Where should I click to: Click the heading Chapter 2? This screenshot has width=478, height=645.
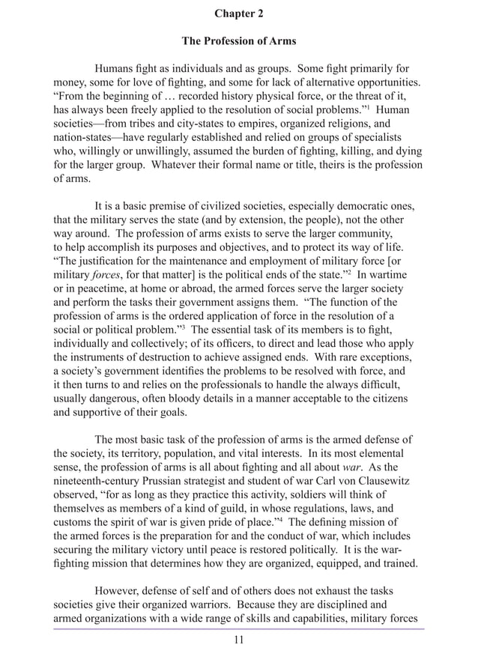tap(238, 13)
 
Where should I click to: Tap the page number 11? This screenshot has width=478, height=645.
tap(238, 639)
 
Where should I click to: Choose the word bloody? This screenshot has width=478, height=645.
tap(184, 399)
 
